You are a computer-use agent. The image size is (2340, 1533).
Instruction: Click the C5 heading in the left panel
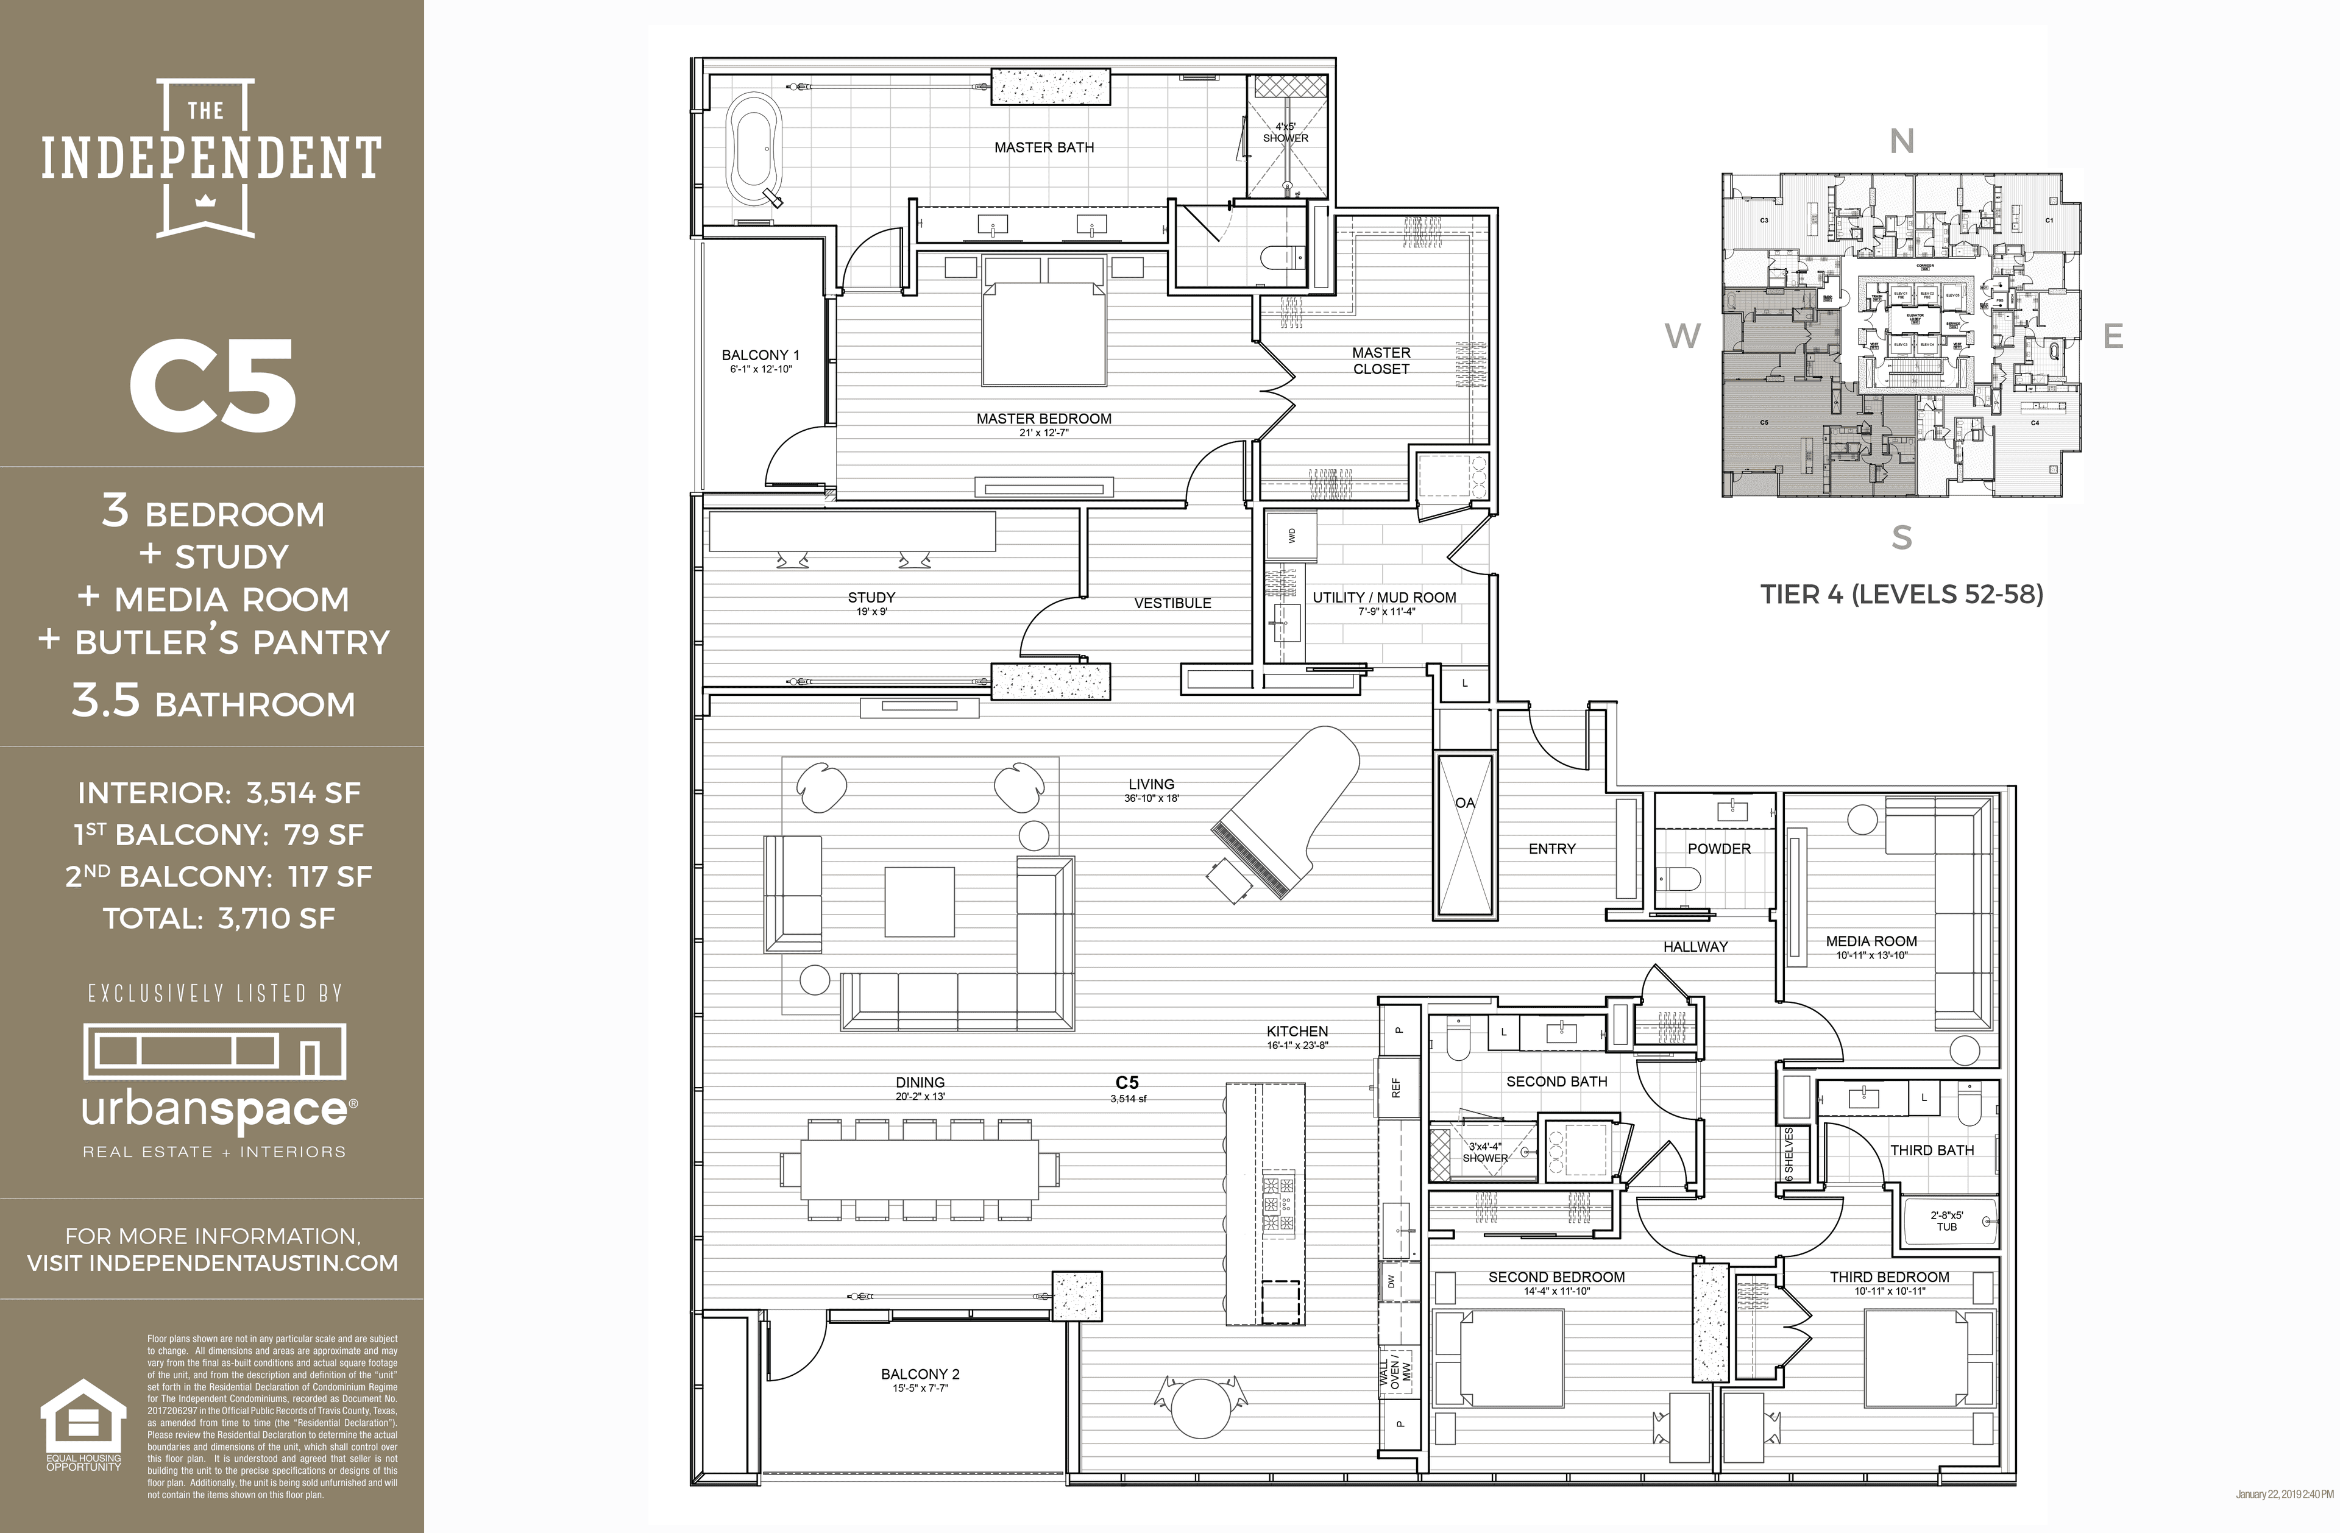pyautogui.click(x=213, y=386)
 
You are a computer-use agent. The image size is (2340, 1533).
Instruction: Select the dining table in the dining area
pyautogui.click(x=920, y=1168)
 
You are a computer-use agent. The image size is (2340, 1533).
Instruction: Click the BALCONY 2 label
pyautogui.click(x=920, y=1374)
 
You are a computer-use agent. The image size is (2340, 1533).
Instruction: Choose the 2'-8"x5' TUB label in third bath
pyautogui.click(x=1947, y=1220)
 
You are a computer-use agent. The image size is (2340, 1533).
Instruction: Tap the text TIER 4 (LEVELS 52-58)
pyautogui.click(x=1901, y=594)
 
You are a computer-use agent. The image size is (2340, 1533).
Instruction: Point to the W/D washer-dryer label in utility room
pyautogui.click(x=1292, y=536)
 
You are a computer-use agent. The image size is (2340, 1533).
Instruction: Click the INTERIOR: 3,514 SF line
pyautogui.click(x=218, y=793)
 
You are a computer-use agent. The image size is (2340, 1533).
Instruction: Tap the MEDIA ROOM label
pyautogui.click(x=1871, y=941)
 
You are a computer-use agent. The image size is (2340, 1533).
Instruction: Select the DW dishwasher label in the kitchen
pyautogui.click(x=1390, y=1282)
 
